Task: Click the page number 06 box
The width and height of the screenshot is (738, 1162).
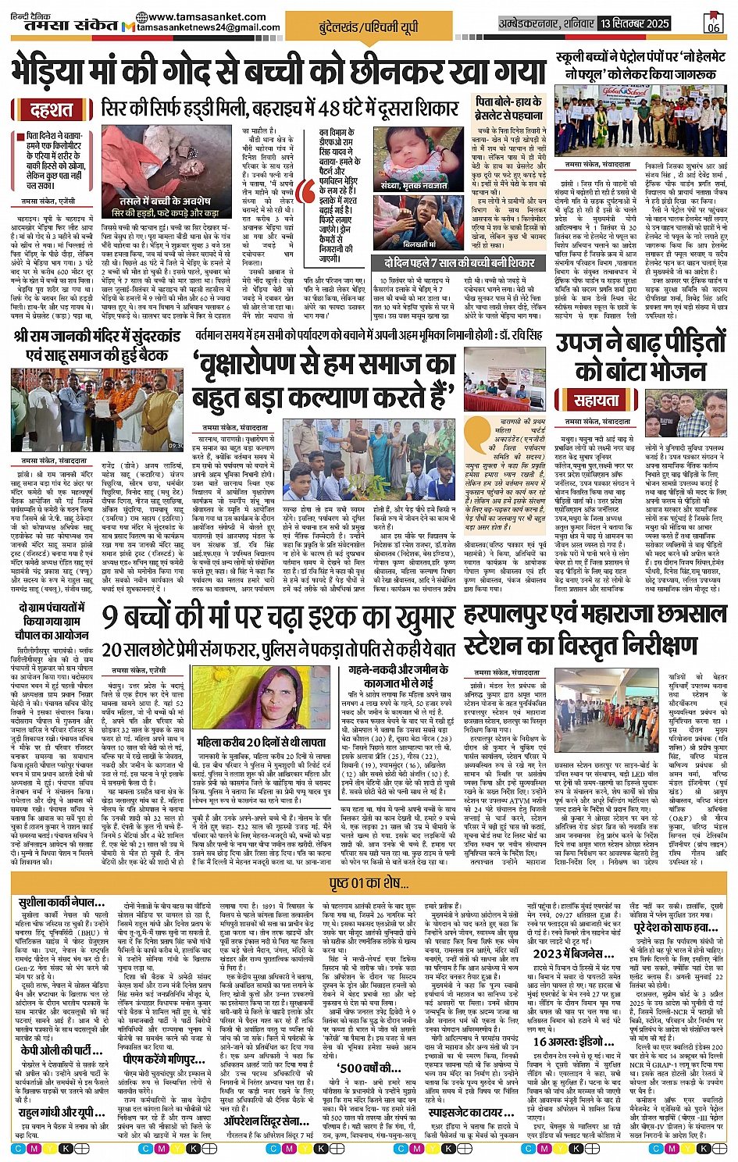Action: [712, 23]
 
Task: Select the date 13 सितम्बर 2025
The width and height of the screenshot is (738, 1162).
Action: [635, 23]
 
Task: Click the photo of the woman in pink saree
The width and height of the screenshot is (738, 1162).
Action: [251, 700]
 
